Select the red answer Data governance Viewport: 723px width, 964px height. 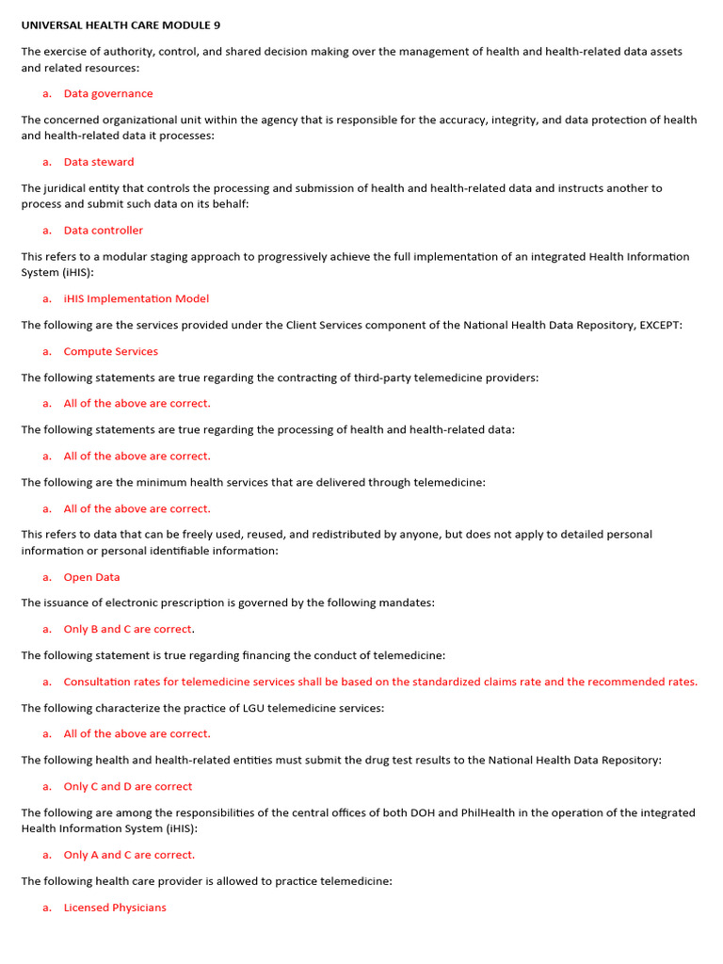(x=107, y=93)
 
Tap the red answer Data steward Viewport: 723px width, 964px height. (x=99, y=162)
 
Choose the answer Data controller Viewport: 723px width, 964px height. (x=104, y=230)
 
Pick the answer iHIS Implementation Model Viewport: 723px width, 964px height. (x=137, y=298)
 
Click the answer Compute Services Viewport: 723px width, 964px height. (x=111, y=351)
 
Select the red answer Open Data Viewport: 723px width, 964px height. (x=92, y=577)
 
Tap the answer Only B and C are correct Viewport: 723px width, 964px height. (x=129, y=629)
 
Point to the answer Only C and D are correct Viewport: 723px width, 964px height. (x=128, y=786)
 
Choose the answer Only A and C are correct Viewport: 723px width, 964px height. (x=129, y=855)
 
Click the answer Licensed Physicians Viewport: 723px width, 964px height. (x=115, y=908)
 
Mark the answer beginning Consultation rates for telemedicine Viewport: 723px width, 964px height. (x=380, y=682)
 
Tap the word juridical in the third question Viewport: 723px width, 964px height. (x=69, y=188)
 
